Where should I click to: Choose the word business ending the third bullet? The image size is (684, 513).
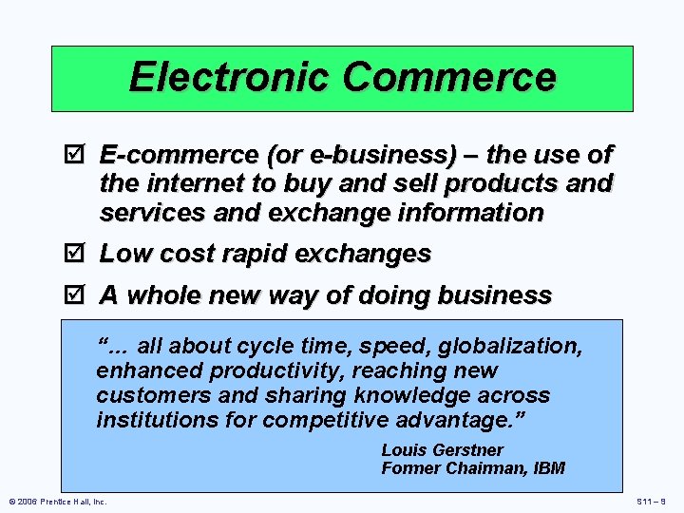coord(497,295)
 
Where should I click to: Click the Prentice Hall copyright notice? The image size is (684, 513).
coord(57,502)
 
